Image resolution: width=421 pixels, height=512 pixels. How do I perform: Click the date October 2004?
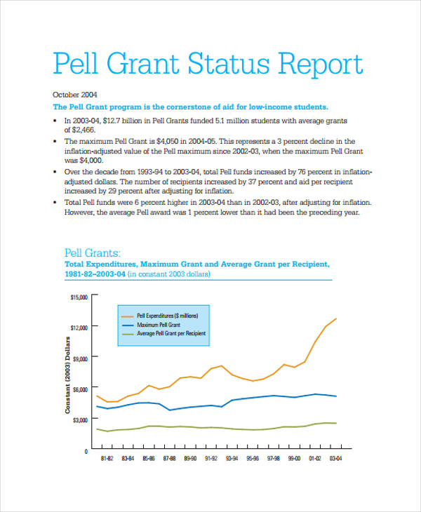click(x=75, y=94)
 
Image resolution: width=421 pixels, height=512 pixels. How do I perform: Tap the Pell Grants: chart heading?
click(x=93, y=252)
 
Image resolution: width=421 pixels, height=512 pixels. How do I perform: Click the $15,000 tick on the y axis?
click(x=79, y=297)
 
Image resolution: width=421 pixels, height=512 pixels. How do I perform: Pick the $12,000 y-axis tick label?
click(x=79, y=328)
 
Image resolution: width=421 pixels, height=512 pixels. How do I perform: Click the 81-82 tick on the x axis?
click(x=107, y=458)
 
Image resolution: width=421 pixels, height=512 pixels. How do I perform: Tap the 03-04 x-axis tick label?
click(x=335, y=458)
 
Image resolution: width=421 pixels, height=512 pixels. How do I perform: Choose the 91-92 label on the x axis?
click(x=210, y=458)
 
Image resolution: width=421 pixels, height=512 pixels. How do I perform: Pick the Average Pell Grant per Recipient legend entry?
click(x=171, y=335)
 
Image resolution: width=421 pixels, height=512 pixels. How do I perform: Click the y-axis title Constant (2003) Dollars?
click(x=68, y=375)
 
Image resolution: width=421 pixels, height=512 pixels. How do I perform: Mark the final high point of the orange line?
click(x=336, y=318)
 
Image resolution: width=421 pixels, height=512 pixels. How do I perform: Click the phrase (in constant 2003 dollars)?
click(x=169, y=275)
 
